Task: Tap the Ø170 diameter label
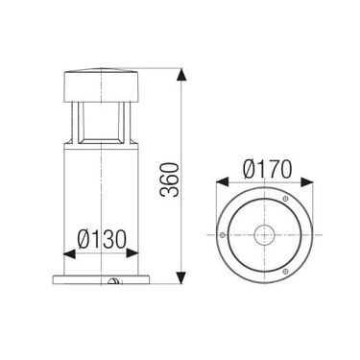(x=267, y=169)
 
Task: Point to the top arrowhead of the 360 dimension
(x=181, y=72)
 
